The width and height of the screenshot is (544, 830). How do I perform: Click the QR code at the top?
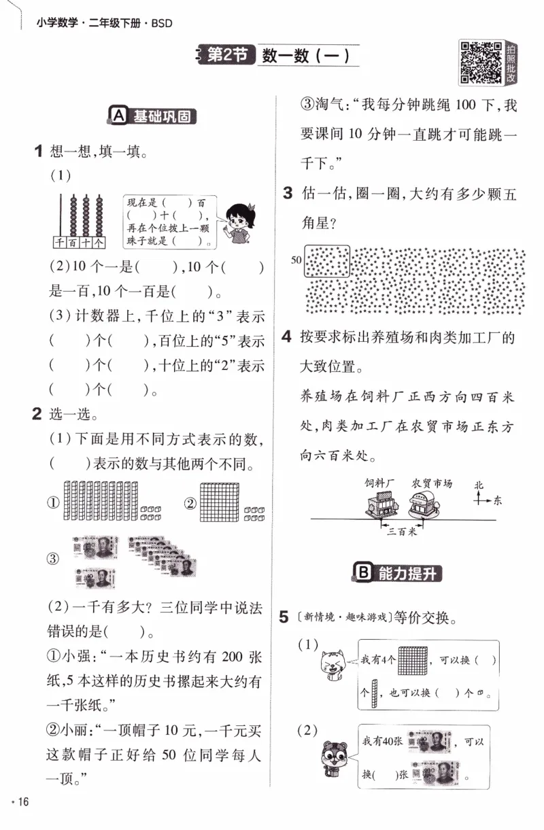coord(481,63)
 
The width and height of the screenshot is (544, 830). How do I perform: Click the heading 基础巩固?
coord(154,116)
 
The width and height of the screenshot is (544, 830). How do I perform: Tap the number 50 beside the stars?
coord(296,260)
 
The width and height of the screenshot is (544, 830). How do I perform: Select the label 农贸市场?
coord(432,483)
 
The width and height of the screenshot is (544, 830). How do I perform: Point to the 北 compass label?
coord(479,485)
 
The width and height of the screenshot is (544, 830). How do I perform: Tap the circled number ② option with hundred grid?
coord(190,503)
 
